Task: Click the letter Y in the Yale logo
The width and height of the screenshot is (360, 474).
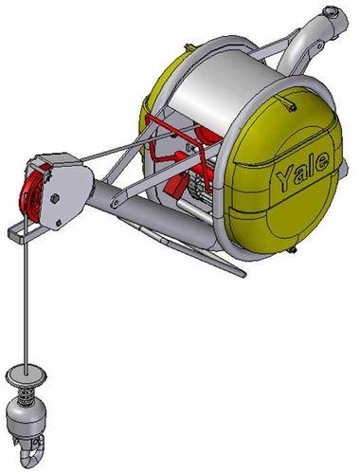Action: (x=281, y=176)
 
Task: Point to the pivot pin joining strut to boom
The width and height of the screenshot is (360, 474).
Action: (x=114, y=203)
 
